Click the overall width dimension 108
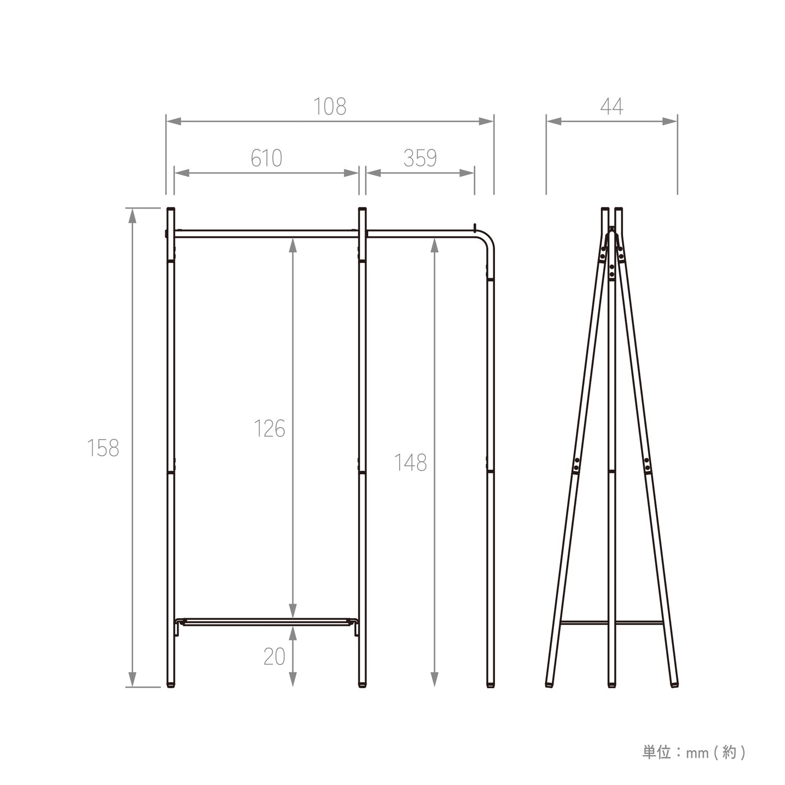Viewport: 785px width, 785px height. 330,107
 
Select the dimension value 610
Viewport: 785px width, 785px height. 266,158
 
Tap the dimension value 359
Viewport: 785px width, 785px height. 420,158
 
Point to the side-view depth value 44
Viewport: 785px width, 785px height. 612,107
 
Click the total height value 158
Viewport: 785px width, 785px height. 103,448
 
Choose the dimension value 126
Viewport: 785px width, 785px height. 269,429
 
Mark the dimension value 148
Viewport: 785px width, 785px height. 410,463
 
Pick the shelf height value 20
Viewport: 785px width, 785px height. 274,657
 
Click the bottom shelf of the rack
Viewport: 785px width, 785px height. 266,621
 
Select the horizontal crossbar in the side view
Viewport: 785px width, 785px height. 612,623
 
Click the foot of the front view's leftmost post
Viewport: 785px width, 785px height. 171,684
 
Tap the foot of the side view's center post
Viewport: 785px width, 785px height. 612,684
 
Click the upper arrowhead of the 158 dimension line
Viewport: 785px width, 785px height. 132,215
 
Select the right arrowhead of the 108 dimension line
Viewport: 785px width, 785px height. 486,121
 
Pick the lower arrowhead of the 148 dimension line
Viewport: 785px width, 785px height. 434,679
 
